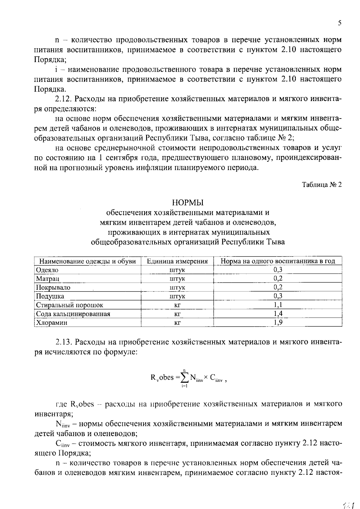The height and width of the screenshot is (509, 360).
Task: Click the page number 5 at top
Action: [339, 23]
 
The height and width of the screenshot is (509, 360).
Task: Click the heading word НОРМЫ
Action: [188, 203]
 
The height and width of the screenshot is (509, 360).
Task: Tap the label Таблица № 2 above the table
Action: [321, 185]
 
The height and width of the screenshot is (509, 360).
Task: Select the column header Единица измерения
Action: [177, 261]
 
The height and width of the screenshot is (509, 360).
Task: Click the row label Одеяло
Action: [47, 270]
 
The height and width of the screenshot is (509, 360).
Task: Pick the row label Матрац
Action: [47, 279]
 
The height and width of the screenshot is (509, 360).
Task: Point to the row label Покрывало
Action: [53, 287]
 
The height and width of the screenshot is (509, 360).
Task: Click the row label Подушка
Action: [50, 296]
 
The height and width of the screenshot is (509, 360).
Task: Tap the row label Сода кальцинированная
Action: [73, 314]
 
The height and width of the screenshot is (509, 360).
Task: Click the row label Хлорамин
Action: [52, 323]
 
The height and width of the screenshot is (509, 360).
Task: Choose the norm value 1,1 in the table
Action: [278, 305]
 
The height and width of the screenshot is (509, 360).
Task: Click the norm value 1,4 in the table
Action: [278, 314]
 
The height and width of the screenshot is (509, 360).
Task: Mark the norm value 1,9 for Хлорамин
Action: [278, 322]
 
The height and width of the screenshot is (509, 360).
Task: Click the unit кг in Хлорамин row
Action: [177, 323]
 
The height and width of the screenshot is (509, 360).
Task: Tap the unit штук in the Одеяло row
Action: [177, 270]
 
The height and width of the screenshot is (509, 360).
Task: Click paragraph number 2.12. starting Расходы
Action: [63, 99]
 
